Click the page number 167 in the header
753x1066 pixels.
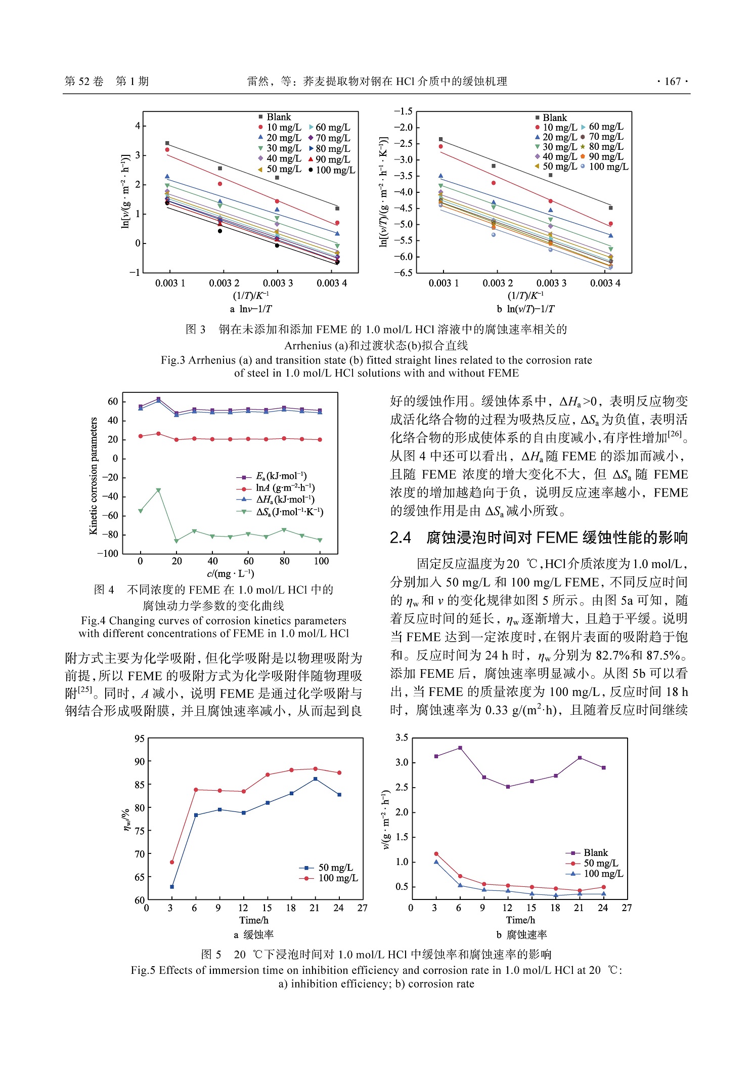pyautogui.click(x=672, y=81)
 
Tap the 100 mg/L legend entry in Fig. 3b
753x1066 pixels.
pyautogui.click(x=607, y=167)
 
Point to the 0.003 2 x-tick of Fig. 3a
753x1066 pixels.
pyautogui.click(x=224, y=283)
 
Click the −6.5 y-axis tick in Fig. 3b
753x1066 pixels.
pyautogui.click(x=403, y=273)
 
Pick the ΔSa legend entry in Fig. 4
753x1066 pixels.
pyautogui.click(x=289, y=512)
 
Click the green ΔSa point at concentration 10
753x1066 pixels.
pyautogui.click(x=158, y=490)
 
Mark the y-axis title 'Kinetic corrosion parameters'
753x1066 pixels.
pyautogui.click(x=93, y=475)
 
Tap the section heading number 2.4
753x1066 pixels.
pyautogui.click(x=400, y=538)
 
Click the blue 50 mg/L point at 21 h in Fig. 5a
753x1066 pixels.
pyautogui.click(x=315, y=779)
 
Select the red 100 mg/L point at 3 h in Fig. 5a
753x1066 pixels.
pyautogui.click(x=172, y=862)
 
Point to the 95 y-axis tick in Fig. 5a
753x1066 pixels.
pyautogui.click(x=140, y=739)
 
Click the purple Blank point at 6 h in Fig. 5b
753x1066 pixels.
pyautogui.click(x=460, y=748)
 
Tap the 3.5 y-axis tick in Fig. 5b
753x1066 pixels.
pyautogui.click(x=402, y=737)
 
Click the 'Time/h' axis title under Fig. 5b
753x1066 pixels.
pyautogui.click(x=520, y=920)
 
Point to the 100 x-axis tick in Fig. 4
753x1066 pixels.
pyautogui.click(x=321, y=561)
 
